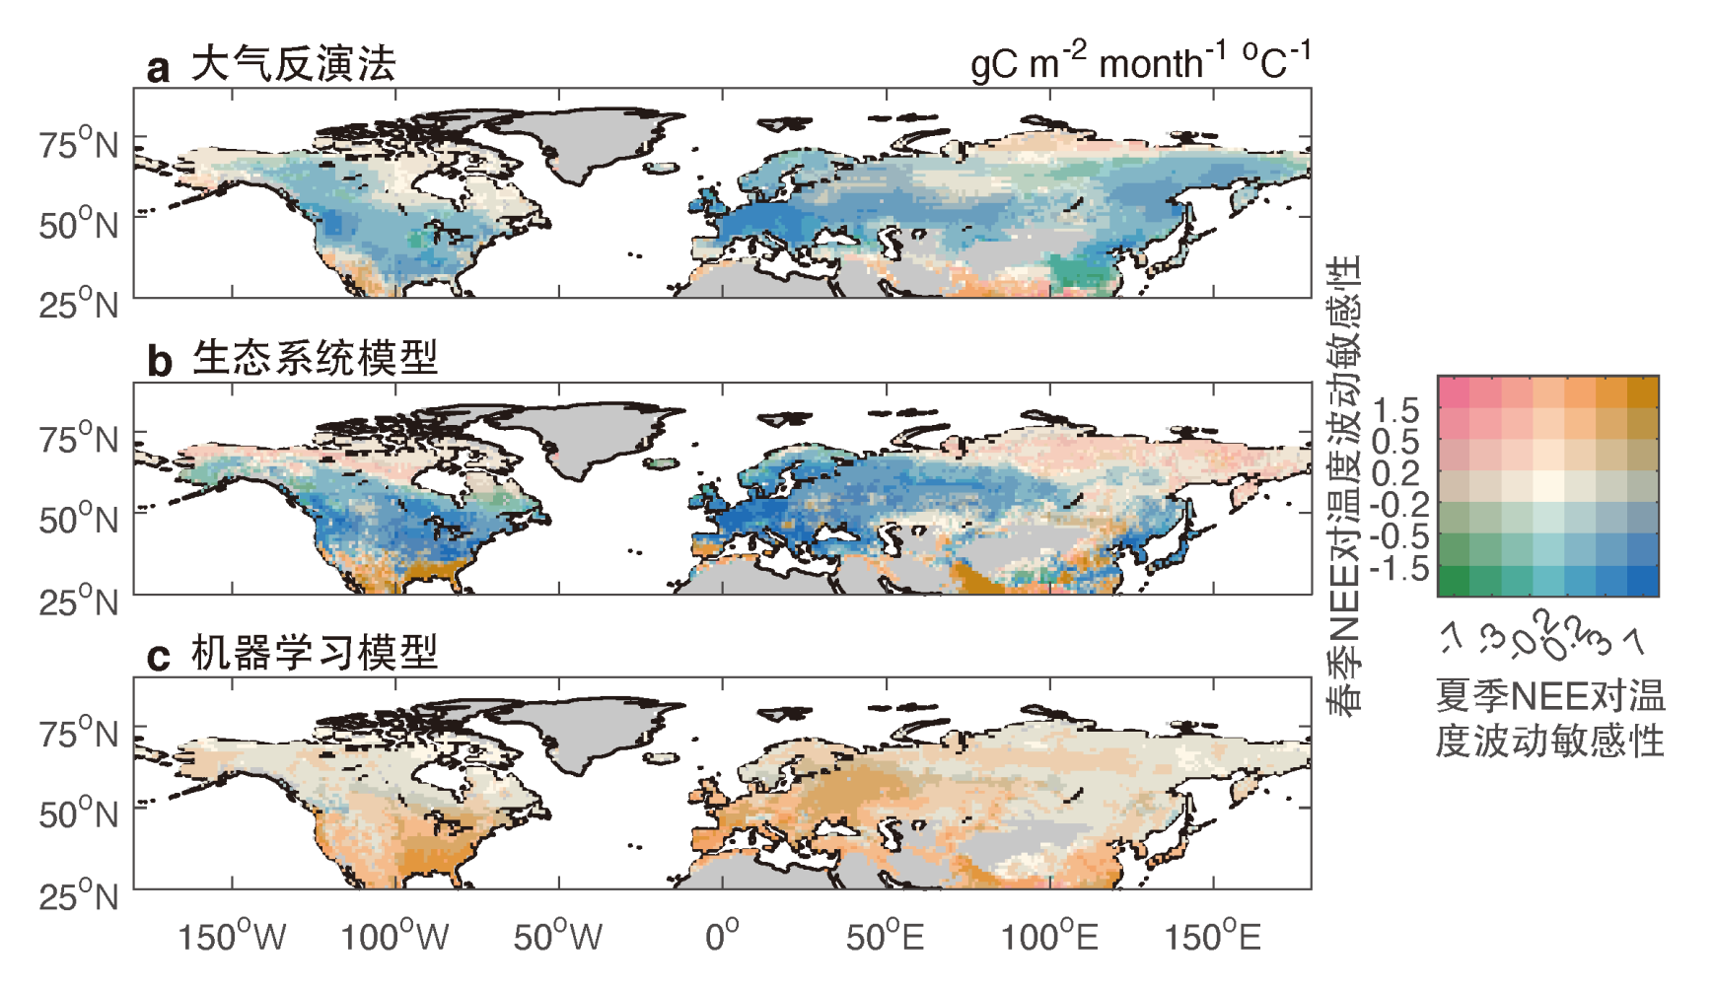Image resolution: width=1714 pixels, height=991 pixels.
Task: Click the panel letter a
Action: point(158,69)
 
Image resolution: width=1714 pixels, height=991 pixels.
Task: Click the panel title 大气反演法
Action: point(293,65)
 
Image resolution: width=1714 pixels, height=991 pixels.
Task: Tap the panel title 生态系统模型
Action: point(315,358)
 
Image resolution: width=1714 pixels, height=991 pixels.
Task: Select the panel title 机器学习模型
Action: point(315,653)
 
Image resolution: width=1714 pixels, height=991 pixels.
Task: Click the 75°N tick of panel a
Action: point(79,144)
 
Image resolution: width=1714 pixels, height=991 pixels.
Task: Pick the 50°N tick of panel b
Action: point(79,519)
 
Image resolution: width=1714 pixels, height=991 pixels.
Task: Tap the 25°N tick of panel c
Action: point(79,895)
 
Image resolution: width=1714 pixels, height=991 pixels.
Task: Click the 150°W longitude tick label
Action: point(232,936)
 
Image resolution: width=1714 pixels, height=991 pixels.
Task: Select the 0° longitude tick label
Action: point(722,936)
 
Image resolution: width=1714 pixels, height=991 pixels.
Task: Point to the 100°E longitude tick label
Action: point(1049,936)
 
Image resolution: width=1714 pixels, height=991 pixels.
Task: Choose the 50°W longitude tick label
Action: point(558,936)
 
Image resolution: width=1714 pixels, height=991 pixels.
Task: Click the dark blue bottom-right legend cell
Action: point(1643,581)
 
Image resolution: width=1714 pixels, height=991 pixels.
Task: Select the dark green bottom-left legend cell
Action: point(1454,581)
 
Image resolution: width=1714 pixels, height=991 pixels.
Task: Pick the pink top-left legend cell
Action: point(1454,391)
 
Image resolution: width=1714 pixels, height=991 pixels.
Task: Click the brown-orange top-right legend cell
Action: point(1643,391)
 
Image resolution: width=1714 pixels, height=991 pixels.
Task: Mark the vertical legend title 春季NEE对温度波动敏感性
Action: point(1343,483)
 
